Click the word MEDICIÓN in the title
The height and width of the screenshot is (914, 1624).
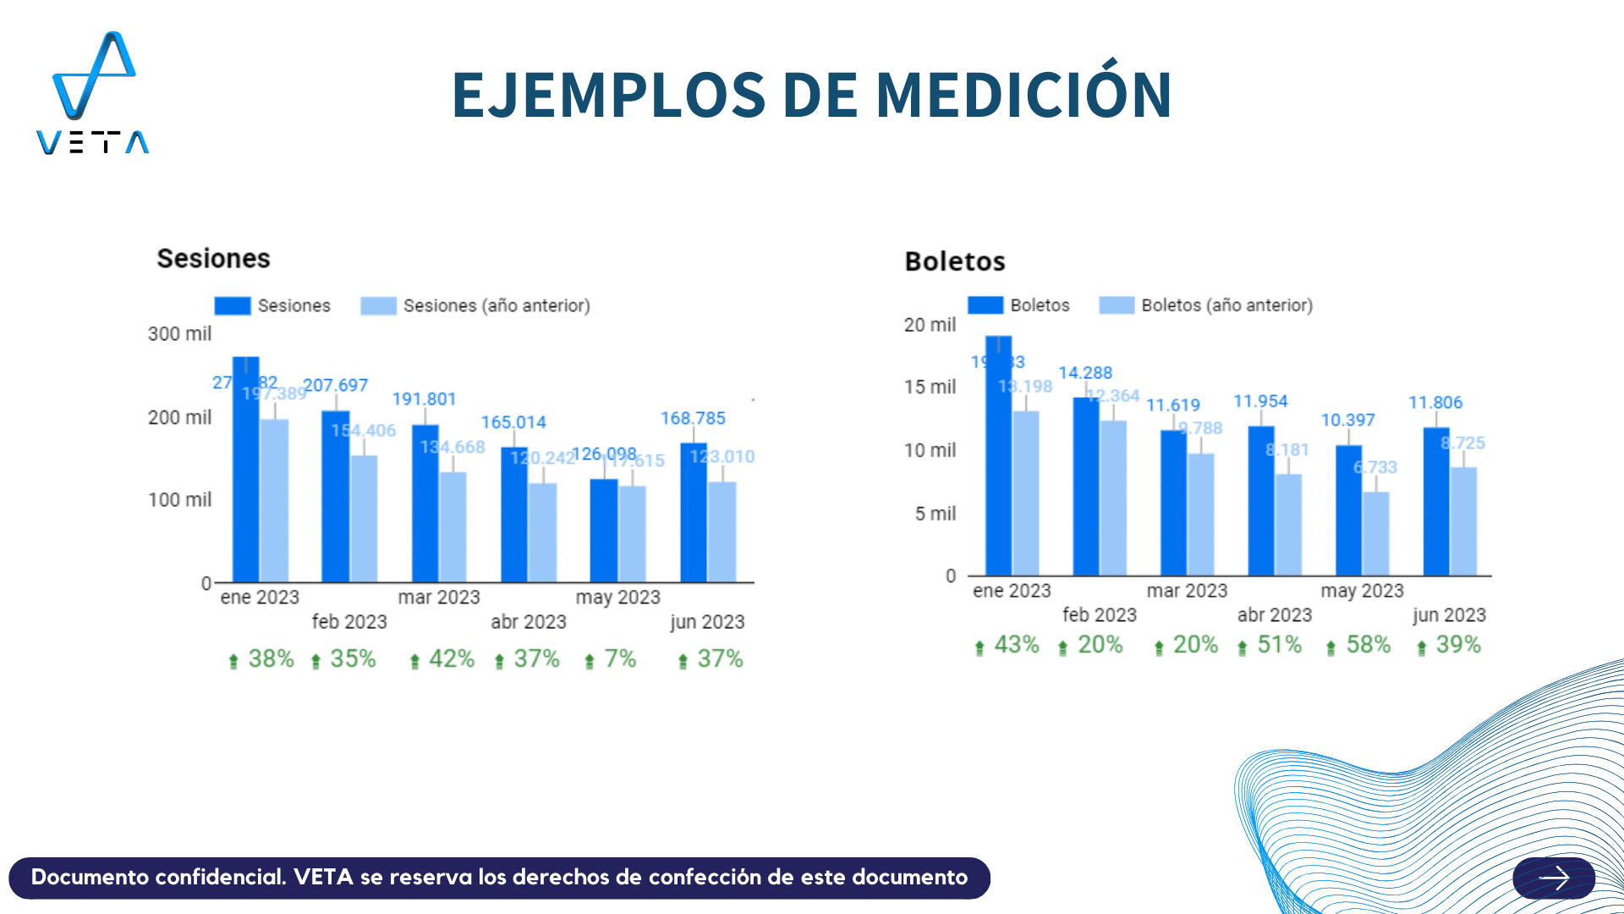click(1023, 94)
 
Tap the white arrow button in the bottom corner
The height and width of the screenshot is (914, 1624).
click(1554, 878)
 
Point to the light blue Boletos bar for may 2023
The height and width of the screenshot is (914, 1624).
click(1376, 533)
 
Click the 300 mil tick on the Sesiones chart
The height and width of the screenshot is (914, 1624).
click(179, 334)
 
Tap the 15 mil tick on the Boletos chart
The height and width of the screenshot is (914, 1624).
click(930, 387)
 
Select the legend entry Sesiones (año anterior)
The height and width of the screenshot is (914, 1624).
click(496, 306)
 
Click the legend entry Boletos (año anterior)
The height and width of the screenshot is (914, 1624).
click(1226, 305)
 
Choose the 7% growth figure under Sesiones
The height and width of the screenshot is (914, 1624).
click(619, 658)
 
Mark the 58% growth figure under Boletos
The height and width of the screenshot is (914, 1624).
click(1368, 645)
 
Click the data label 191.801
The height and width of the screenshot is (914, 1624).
click(424, 399)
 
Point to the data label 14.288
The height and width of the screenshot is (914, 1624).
click(1085, 372)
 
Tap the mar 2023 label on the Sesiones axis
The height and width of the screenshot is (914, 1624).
click(439, 597)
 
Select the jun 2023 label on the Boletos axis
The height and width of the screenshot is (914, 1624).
click(1449, 615)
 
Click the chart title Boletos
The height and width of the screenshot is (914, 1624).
click(955, 262)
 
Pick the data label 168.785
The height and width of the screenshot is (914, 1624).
click(693, 418)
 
